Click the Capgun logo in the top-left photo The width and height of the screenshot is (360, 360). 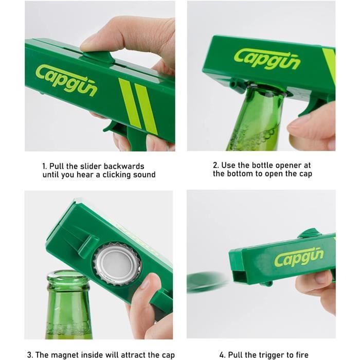[66, 80]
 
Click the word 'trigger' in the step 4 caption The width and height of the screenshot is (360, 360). [268, 355]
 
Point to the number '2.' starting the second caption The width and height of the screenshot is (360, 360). [216, 166]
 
